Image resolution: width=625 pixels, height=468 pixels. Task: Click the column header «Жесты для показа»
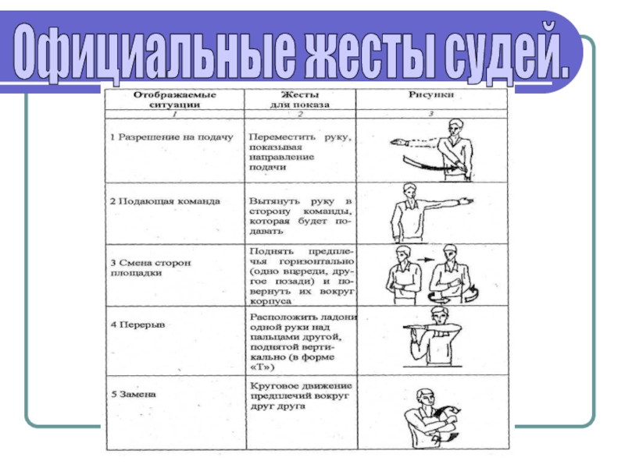point(300,99)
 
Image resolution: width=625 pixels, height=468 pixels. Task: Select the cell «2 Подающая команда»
point(165,200)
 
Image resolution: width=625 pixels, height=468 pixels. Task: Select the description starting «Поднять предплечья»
point(302,275)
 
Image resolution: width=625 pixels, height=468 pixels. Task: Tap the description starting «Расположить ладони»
point(302,340)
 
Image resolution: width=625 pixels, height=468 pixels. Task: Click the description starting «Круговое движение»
point(302,395)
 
